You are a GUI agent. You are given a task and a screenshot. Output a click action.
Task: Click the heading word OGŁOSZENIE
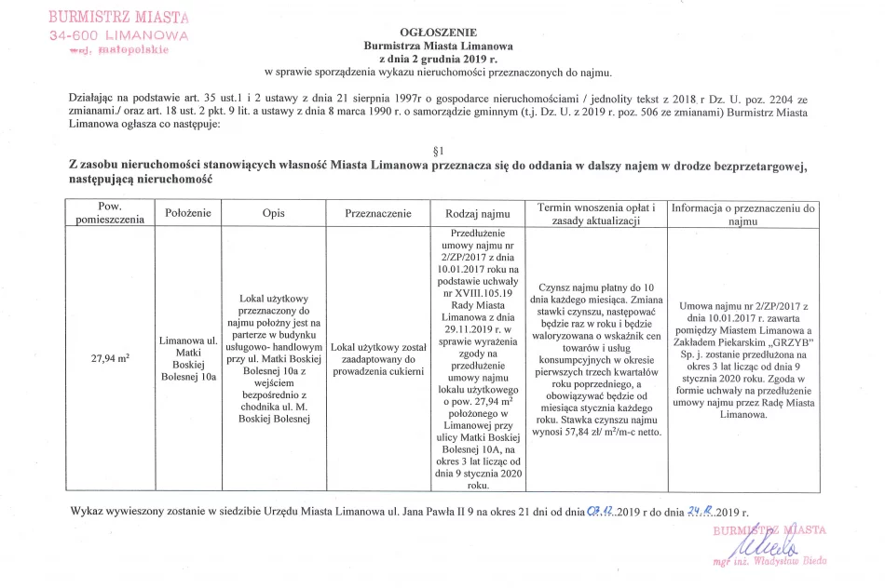437,31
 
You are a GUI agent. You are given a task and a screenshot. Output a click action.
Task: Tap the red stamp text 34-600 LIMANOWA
118,34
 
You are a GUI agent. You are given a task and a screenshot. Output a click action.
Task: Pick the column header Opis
273,213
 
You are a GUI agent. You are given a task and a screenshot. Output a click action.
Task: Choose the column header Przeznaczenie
378,213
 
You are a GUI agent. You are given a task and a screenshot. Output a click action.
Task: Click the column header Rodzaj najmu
478,213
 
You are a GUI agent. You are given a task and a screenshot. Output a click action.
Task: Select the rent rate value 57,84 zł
580,433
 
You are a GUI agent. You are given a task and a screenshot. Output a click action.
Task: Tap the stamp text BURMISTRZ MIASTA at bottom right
769,529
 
